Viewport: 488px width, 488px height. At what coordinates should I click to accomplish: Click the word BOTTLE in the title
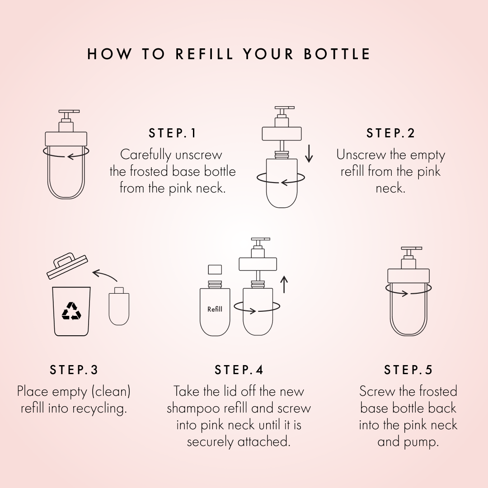(x=337, y=54)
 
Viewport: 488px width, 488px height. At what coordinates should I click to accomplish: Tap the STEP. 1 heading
(x=173, y=133)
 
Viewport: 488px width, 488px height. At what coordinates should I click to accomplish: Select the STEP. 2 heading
(x=390, y=133)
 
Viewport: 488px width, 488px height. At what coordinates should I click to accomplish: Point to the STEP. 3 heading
(x=74, y=370)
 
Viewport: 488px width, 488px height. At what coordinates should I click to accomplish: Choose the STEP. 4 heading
(x=239, y=370)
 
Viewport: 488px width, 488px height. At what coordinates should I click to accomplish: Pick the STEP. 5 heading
(x=408, y=370)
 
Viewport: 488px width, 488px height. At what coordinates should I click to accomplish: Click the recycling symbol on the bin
(x=71, y=311)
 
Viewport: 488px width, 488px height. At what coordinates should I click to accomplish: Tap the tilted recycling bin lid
(x=67, y=266)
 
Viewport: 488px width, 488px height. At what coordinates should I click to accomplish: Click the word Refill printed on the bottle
(x=215, y=309)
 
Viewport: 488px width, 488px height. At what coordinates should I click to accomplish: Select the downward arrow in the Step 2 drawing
(x=309, y=153)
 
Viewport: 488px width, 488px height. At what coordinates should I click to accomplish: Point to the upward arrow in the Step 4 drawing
(x=284, y=285)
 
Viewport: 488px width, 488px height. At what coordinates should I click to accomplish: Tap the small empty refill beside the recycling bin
(x=119, y=306)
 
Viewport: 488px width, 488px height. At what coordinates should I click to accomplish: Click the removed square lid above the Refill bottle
(x=215, y=269)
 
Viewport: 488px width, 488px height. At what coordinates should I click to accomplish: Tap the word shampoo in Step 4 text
(x=192, y=409)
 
